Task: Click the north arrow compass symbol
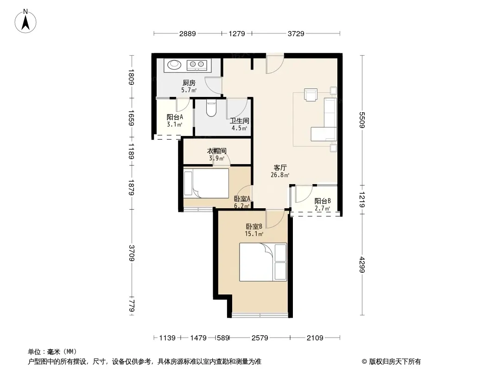25,21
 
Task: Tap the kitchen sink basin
174,64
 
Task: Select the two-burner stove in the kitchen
196,65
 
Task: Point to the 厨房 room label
189,83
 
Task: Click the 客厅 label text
280,167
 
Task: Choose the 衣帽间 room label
216,151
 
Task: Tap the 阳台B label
322,201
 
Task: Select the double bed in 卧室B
263,262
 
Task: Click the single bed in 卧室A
206,183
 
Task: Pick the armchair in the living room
310,95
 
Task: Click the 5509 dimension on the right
362,120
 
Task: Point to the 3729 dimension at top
296,33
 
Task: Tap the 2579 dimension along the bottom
260,338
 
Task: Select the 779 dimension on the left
132,306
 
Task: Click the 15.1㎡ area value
254,234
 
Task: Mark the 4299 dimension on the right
362,265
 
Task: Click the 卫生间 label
240,121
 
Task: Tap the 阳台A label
175,117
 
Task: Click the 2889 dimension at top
188,33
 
